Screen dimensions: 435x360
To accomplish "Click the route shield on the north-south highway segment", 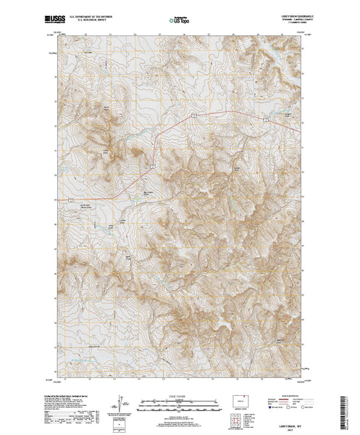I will [153, 165].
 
